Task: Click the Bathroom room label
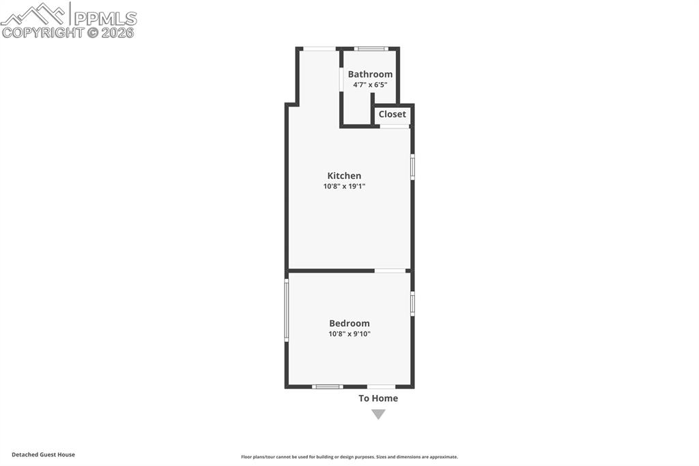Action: (x=370, y=74)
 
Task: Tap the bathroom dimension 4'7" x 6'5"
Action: (x=370, y=85)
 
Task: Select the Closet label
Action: (x=392, y=114)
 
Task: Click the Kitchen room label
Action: (x=344, y=176)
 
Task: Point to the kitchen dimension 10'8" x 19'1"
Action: (x=344, y=187)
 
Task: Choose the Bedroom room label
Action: (x=349, y=323)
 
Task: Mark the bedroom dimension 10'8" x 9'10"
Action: (x=349, y=334)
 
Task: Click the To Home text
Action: (x=378, y=398)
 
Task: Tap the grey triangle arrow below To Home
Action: (x=378, y=414)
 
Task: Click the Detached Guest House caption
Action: (x=43, y=454)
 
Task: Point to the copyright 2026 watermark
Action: (x=68, y=32)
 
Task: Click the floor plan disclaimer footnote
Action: (x=349, y=457)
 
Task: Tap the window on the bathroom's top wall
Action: (x=371, y=49)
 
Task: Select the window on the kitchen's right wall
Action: (x=412, y=167)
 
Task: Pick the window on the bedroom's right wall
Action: (x=412, y=303)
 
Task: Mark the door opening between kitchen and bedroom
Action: (x=390, y=271)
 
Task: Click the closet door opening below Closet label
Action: (x=395, y=126)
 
